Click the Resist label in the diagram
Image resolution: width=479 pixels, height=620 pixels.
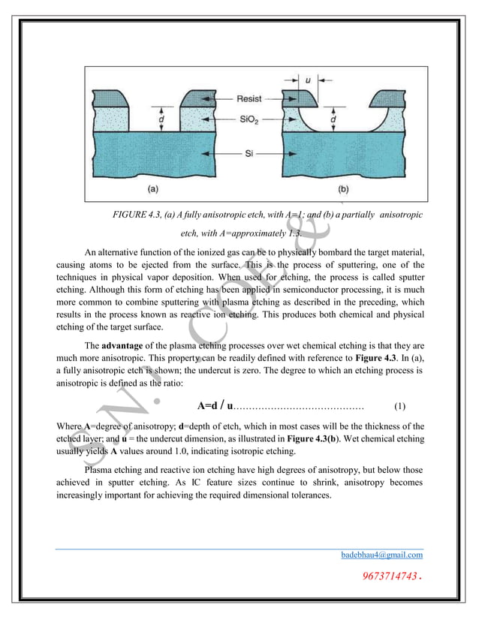pos(249,98)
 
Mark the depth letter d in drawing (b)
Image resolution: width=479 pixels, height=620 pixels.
pos(333,118)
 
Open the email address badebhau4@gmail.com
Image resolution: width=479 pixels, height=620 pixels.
pos(381,555)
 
